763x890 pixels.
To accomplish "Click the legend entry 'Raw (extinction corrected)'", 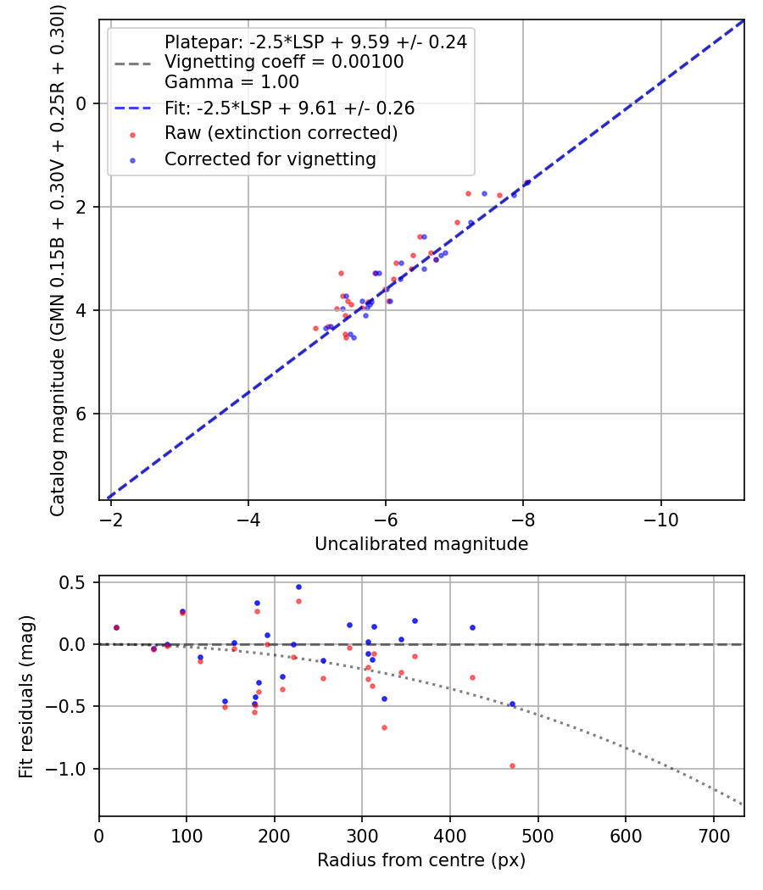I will (x=281, y=133).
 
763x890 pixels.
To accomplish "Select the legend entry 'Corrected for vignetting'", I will (x=270, y=159).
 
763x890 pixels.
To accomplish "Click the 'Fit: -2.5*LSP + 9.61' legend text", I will (x=289, y=108).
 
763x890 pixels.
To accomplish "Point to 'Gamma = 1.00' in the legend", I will (x=231, y=83).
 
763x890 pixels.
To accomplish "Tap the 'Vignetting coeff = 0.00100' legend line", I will (x=284, y=62).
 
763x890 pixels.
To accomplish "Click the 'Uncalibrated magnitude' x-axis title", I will (x=421, y=544).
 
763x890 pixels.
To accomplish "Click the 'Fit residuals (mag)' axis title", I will (x=27, y=696).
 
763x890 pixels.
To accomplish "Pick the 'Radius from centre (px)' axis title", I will (x=421, y=860).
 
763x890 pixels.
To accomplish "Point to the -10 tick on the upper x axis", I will (x=660, y=519).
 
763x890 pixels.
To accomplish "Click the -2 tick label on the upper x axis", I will (x=111, y=519).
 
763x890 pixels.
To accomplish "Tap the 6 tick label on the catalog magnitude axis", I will (x=82, y=414).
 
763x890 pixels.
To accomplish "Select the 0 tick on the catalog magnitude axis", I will (x=82, y=103).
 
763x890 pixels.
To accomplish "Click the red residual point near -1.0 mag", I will (x=512, y=765).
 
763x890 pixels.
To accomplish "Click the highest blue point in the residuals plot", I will (x=298, y=587).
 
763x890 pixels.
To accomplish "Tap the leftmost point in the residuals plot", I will (x=116, y=627).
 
